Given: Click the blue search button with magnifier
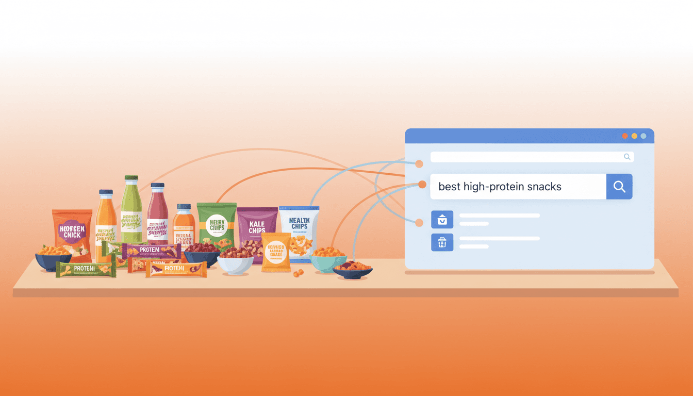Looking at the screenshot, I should (619, 187).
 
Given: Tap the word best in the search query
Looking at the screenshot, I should (449, 187).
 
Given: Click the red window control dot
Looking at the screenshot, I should (625, 136).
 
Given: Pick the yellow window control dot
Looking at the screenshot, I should (634, 136).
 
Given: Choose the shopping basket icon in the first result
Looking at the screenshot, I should (442, 219).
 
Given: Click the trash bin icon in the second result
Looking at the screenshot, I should (442, 242).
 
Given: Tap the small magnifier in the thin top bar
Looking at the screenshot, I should (627, 157).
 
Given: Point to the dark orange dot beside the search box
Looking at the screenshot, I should (422, 184).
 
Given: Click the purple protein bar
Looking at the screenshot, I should (152, 251).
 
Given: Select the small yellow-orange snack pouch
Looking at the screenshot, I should (276, 253).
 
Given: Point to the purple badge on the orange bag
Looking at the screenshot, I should (72, 231).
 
